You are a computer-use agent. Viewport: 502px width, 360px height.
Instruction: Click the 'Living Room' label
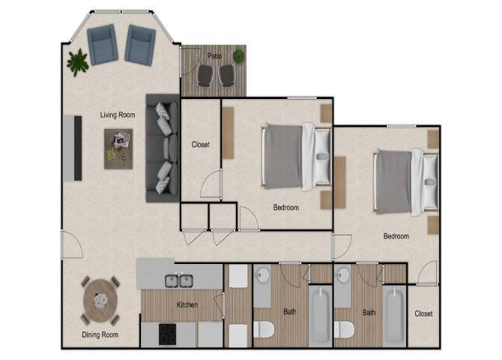(118, 115)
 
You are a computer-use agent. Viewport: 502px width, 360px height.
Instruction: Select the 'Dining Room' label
(100, 334)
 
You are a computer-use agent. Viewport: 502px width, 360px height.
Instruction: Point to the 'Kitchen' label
(187, 305)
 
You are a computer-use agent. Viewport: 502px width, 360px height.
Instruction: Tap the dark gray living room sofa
(161, 148)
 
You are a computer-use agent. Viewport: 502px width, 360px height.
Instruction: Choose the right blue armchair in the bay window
(139, 45)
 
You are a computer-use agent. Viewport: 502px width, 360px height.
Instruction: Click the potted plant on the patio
(239, 55)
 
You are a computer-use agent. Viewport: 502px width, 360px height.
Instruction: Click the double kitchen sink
(180, 281)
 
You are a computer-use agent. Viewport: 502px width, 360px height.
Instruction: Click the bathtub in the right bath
(393, 316)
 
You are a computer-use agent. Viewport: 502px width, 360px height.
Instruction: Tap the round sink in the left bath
(262, 275)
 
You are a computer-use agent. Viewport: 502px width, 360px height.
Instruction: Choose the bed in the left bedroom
(294, 156)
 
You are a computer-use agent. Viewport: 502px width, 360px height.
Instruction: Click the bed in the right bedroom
(405, 181)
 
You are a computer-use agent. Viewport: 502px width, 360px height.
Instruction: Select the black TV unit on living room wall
(77, 147)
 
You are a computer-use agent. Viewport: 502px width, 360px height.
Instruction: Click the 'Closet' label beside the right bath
(423, 313)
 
